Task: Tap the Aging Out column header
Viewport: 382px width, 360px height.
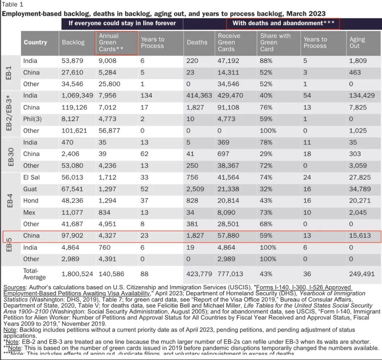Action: (x=357, y=42)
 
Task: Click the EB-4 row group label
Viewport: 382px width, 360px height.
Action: (x=10, y=201)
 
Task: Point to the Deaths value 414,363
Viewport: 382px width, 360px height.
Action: (x=199, y=95)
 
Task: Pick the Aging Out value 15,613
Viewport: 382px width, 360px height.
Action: (x=360, y=236)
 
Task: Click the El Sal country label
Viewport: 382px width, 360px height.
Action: (x=31, y=177)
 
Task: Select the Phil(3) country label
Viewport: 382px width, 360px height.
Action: (x=33, y=119)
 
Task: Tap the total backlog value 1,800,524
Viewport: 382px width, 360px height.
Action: (x=77, y=274)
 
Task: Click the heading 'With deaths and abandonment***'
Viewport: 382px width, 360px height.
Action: (x=283, y=23)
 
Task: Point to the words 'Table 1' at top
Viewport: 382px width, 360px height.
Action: (x=13, y=5)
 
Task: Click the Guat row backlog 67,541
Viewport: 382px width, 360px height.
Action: (x=73, y=189)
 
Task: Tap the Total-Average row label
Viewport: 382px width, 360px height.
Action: (x=34, y=274)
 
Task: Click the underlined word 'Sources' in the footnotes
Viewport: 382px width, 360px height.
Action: (x=15, y=287)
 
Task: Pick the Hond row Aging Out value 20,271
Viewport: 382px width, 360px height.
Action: (x=360, y=201)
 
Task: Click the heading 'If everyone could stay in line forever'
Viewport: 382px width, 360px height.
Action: (x=122, y=23)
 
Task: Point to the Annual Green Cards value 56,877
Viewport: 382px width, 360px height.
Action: (x=109, y=130)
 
